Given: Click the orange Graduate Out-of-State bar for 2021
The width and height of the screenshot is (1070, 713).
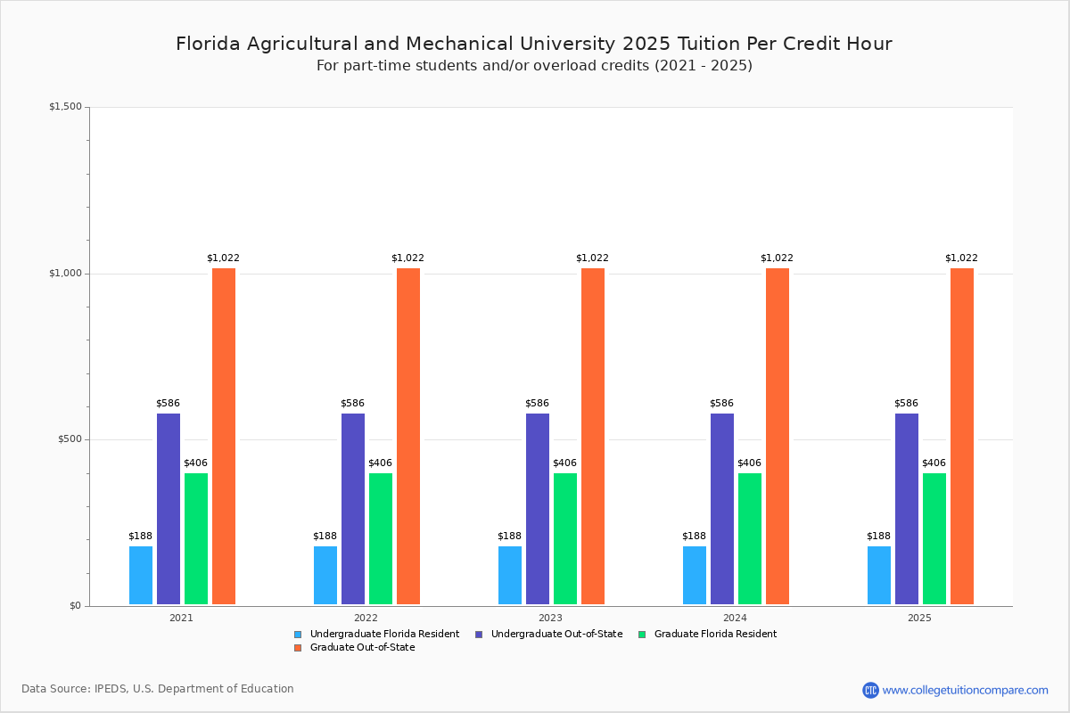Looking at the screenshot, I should point(224,436).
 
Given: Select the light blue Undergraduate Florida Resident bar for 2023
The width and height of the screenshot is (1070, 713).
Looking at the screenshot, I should point(510,575).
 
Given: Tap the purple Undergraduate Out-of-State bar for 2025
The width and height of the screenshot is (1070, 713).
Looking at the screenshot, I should point(907,509).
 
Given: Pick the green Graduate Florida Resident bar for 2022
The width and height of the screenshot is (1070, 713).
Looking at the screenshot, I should point(381,538).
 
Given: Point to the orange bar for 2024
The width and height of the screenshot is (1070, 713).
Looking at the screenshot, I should point(778,436).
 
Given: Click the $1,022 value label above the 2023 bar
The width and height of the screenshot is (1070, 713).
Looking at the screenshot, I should point(592,258).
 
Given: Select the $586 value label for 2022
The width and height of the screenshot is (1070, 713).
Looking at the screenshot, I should point(352,404).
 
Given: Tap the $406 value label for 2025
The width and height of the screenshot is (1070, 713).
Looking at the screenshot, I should point(934,463).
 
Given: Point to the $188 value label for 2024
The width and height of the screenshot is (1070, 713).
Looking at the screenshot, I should point(694,537).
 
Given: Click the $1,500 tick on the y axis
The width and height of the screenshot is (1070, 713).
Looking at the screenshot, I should point(65,107).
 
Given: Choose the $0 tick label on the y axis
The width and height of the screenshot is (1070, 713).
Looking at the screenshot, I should point(75,606).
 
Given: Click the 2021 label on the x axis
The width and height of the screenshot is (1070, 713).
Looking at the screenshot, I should point(181,617).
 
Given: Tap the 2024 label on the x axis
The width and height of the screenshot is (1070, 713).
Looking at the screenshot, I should point(735,617).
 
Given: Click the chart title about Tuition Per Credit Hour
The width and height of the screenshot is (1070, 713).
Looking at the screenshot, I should point(533,44).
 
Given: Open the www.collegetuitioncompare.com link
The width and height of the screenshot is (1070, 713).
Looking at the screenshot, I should point(965,690).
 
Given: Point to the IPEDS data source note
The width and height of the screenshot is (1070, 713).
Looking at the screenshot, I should point(158,689).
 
